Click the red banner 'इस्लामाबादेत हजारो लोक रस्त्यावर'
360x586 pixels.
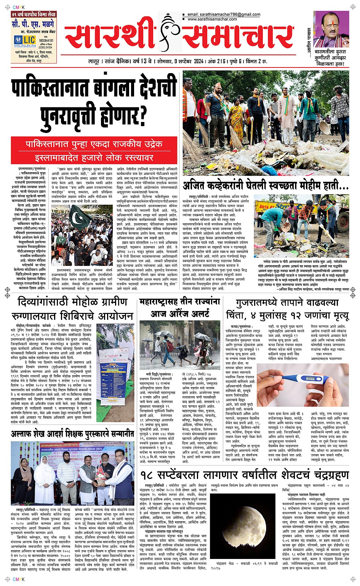click(94, 157)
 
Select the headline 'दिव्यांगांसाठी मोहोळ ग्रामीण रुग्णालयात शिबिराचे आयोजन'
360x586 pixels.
click(72, 309)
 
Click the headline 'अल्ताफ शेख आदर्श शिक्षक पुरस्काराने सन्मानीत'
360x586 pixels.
click(72, 434)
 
